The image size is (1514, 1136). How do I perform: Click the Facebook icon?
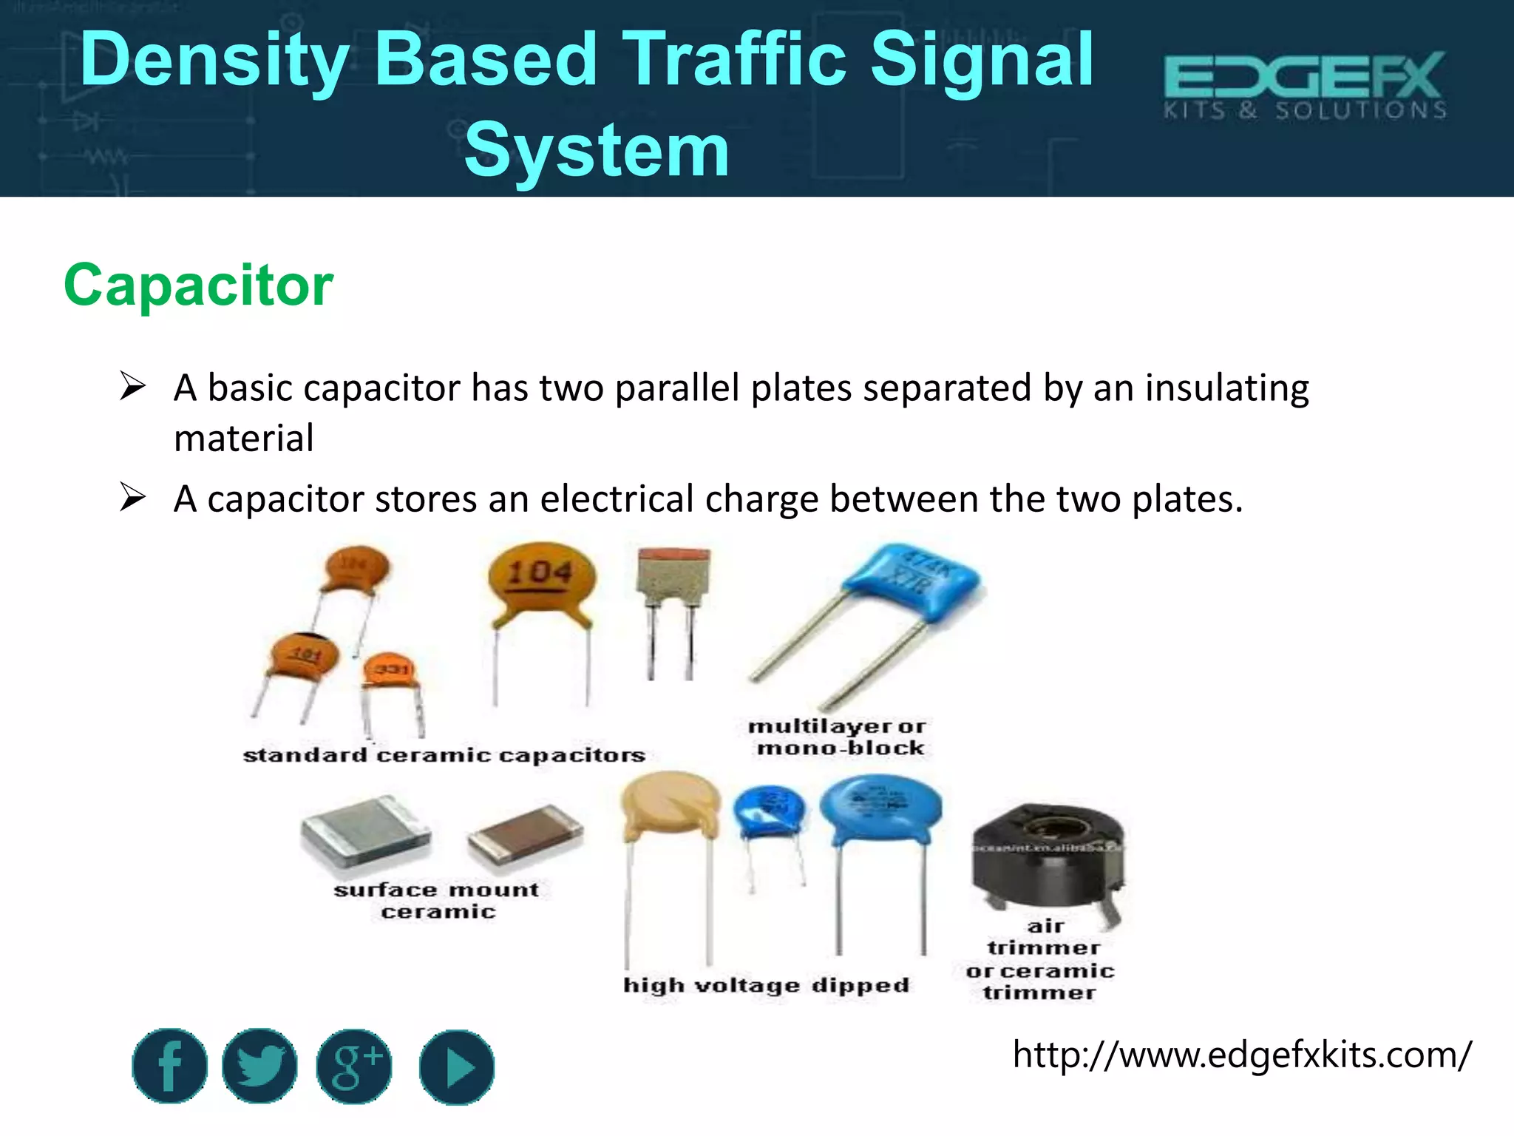pyautogui.click(x=169, y=1066)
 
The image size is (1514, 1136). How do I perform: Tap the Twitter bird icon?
pyautogui.click(x=259, y=1066)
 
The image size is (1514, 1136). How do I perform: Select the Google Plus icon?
pyautogui.click(x=354, y=1066)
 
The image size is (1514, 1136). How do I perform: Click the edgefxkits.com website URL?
pyautogui.click(x=1241, y=1054)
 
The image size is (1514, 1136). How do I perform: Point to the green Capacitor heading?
pyautogui.click(x=198, y=285)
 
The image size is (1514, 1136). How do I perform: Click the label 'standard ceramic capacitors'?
pyautogui.click(x=444, y=755)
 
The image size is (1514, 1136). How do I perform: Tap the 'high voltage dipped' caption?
pyautogui.click(x=766, y=985)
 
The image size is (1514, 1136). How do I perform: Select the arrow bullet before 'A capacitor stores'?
pyautogui.click(x=132, y=497)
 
